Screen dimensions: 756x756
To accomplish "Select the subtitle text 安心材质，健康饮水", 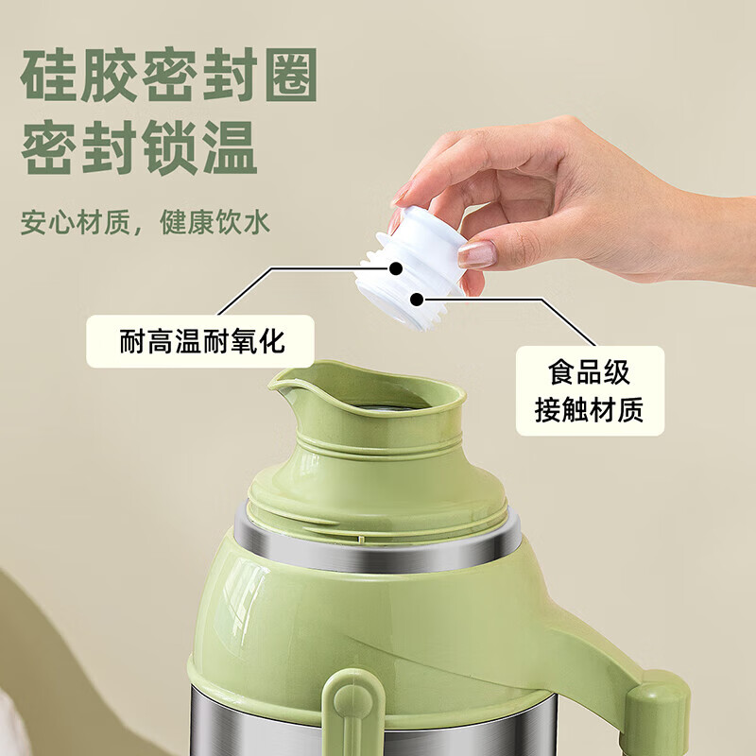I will pos(146,223).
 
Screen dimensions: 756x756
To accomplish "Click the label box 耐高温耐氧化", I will pos(201,341).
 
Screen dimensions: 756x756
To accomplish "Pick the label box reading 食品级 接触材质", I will pos(590,391).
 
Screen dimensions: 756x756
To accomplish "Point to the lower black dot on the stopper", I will pos(416,300).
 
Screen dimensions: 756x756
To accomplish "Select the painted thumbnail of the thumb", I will pos(476,253).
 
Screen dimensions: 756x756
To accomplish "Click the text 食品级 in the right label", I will pos(590,372).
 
